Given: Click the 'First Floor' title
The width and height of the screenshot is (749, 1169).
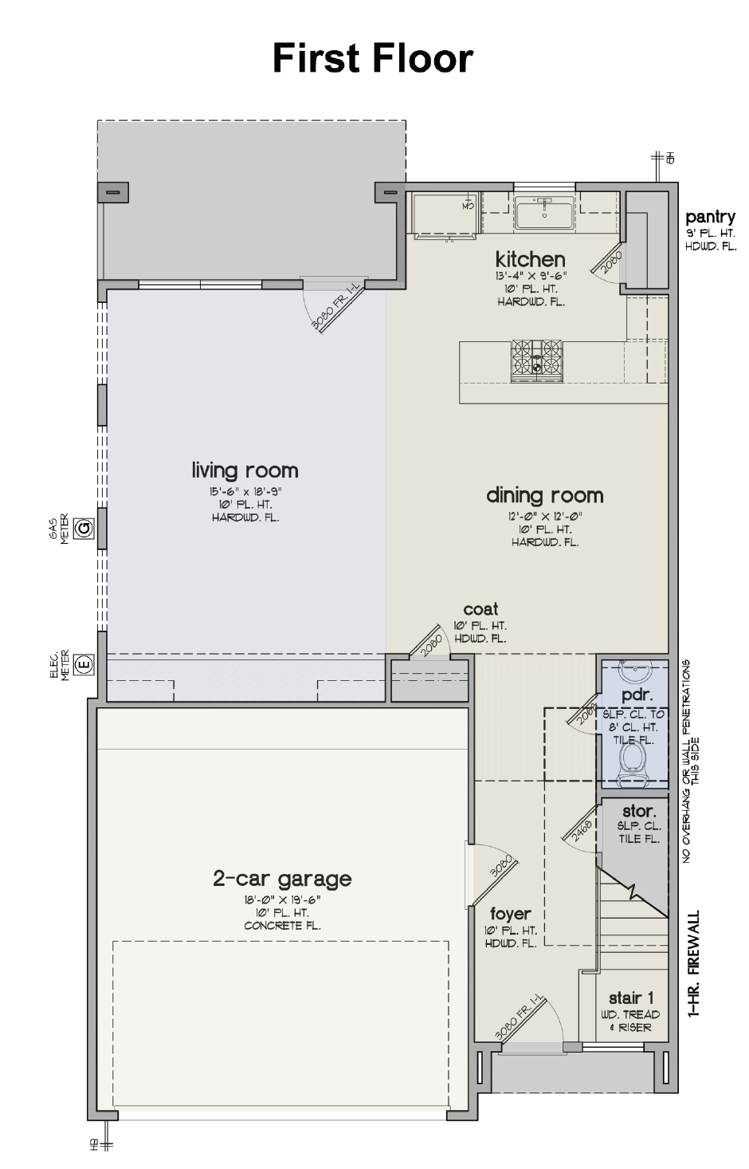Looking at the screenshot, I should point(373,58).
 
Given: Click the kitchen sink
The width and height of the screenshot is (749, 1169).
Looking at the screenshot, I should point(544,213).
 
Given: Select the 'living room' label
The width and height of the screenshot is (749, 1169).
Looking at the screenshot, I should point(245,470).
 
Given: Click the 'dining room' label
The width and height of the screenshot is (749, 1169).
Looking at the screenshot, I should point(544,495).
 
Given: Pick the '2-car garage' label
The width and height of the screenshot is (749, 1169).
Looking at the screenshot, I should point(282,879).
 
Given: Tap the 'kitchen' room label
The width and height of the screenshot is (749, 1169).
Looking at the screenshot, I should point(530,258).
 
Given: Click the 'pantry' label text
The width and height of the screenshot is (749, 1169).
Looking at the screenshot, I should point(710,217).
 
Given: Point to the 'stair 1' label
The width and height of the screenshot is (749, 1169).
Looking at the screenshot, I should point(631,998).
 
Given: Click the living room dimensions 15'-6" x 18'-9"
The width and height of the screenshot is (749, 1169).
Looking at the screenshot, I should point(245,492).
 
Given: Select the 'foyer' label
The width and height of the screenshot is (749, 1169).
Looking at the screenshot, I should point(510,914).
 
